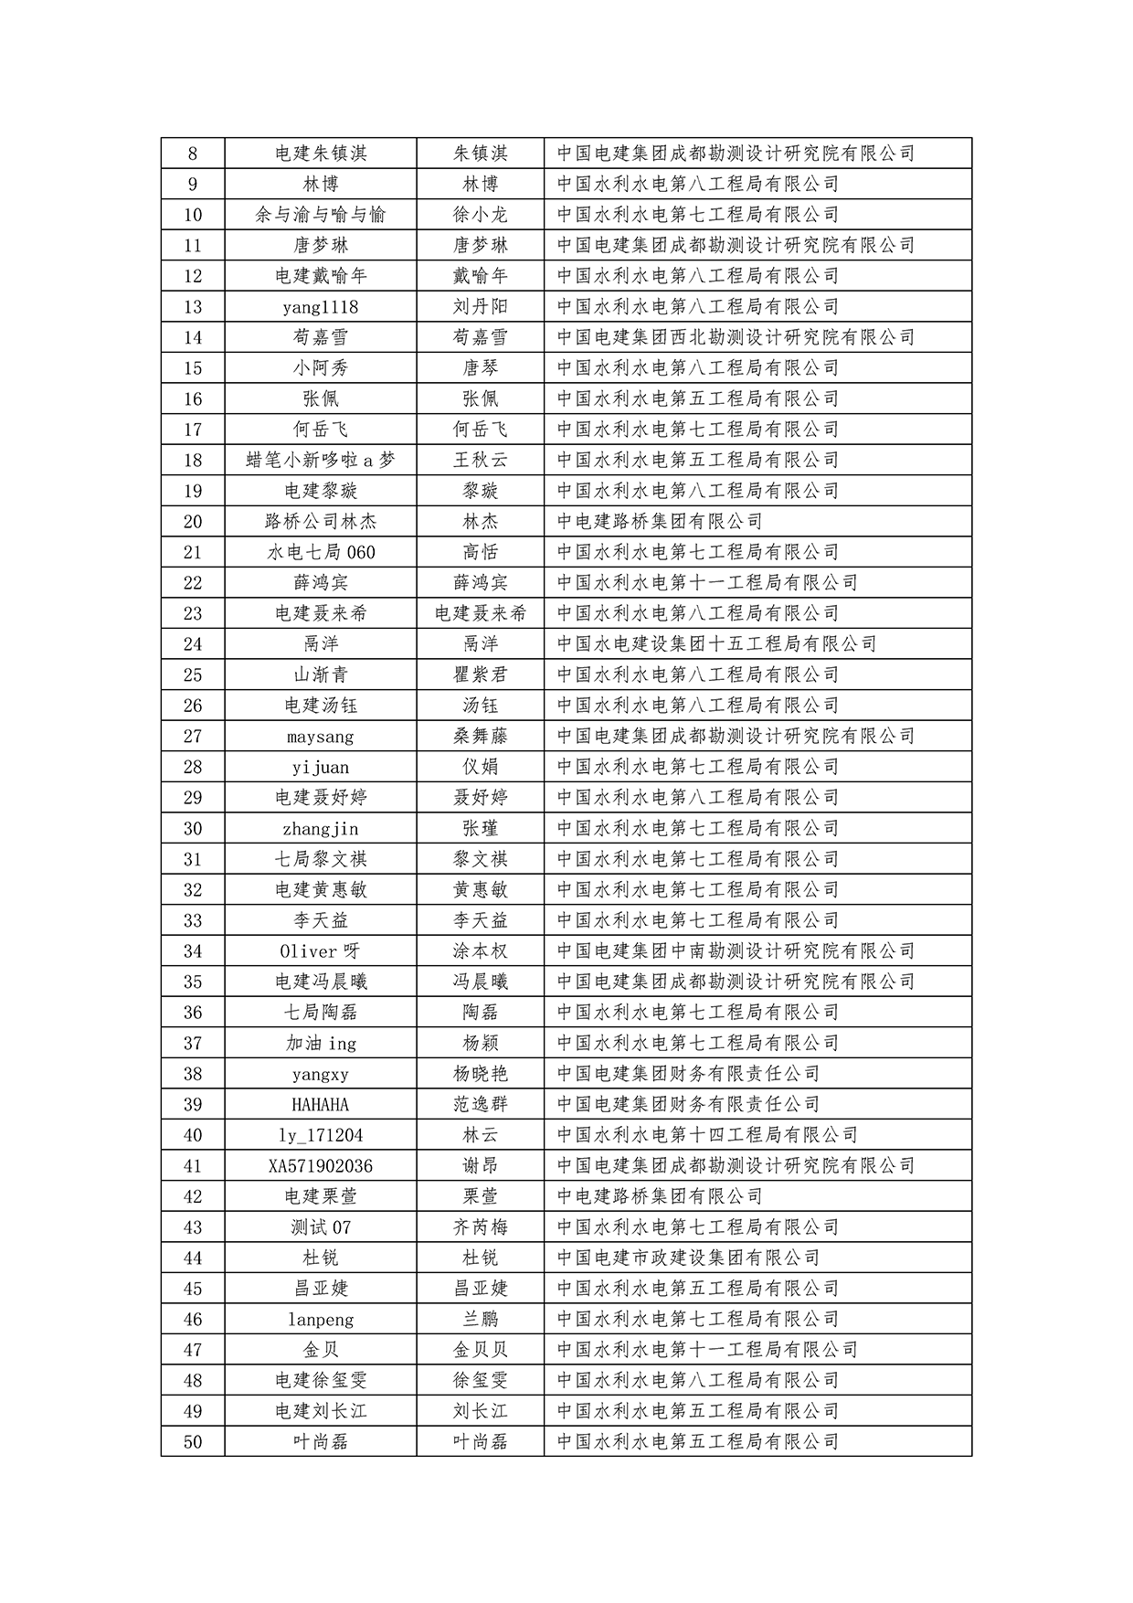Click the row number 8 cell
click(x=192, y=154)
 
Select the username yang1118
click(x=320, y=307)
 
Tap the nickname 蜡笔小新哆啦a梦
click(x=320, y=461)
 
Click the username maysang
click(x=320, y=737)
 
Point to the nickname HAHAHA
click(x=320, y=1105)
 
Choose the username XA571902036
click(x=320, y=1166)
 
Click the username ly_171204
click(x=320, y=1136)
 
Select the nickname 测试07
click(x=320, y=1227)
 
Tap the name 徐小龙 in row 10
click(x=480, y=215)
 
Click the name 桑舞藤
click(x=480, y=737)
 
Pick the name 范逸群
click(x=480, y=1105)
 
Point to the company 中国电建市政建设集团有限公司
click(x=688, y=1258)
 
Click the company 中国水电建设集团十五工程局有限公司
click(x=716, y=644)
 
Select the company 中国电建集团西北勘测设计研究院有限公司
click(x=736, y=337)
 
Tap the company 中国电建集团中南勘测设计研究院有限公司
click(x=736, y=951)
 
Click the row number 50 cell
click(x=192, y=1442)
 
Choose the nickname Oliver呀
click(x=320, y=951)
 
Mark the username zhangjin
click(x=320, y=829)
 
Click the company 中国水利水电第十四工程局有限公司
click(x=707, y=1136)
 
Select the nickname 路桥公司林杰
click(x=320, y=522)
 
